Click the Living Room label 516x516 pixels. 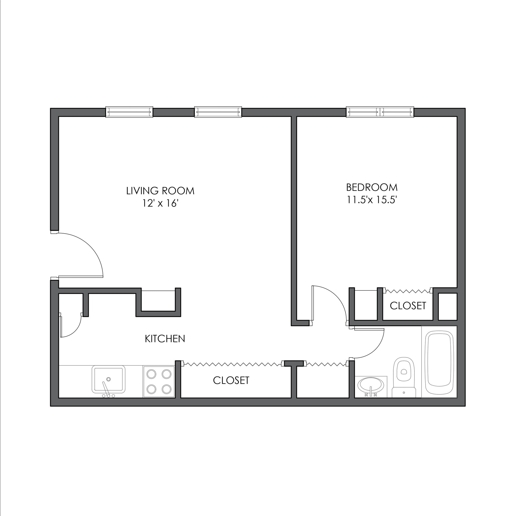pyautogui.click(x=160, y=191)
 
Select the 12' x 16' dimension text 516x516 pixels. pyautogui.click(x=160, y=204)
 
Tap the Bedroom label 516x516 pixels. pyautogui.click(x=372, y=187)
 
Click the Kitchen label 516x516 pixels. pyautogui.click(x=165, y=339)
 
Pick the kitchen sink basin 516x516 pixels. pyautogui.click(x=108, y=379)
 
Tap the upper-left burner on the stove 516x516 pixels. pyautogui.click(x=152, y=374)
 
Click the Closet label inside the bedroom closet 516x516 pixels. pyautogui.click(x=408, y=306)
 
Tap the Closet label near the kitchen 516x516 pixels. pyautogui.click(x=231, y=380)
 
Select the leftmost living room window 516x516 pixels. pyautogui.click(x=129, y=112)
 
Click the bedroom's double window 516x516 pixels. pyautogui.click(x=380, y=112)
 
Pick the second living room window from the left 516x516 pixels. pyautogui.click(x=218, y=112)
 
